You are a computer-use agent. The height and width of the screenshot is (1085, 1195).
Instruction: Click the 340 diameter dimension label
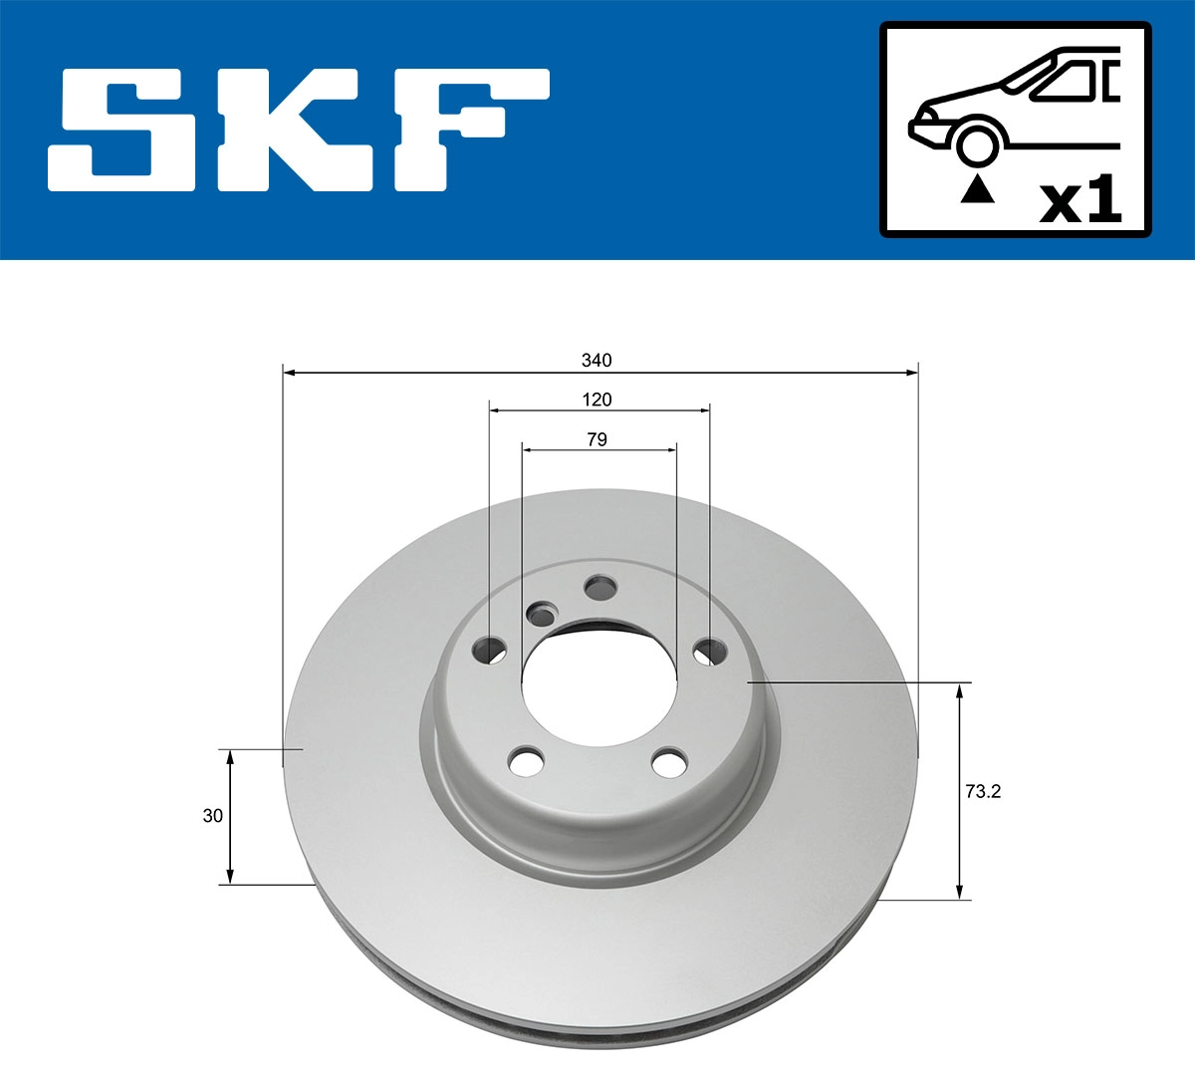click(x=597, y=360)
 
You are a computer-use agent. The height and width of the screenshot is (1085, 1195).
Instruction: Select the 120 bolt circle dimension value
click(x=597, y=400)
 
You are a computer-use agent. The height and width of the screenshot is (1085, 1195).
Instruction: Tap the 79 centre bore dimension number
click(x=597, y=438)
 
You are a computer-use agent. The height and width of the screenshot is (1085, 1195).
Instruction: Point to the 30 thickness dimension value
click(x=212, y=816)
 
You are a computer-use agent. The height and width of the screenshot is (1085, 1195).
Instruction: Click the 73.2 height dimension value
click(x=982, y=792)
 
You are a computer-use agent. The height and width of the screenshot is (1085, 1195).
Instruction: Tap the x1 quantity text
click(x=1079, y=201)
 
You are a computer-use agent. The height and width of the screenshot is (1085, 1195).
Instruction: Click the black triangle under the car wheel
click(x=977, y=188)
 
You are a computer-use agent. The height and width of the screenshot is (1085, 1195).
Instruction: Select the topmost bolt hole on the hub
click(x=600, y=588)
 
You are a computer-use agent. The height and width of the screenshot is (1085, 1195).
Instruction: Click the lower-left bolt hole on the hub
click(x=527, y=762)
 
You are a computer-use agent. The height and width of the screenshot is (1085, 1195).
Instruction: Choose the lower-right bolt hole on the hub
click(x=669, y=763)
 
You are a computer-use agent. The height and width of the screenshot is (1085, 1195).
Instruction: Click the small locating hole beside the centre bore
click(x=543, y=613)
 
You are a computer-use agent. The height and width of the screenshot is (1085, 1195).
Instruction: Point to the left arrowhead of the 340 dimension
click(x=290, y=373)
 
